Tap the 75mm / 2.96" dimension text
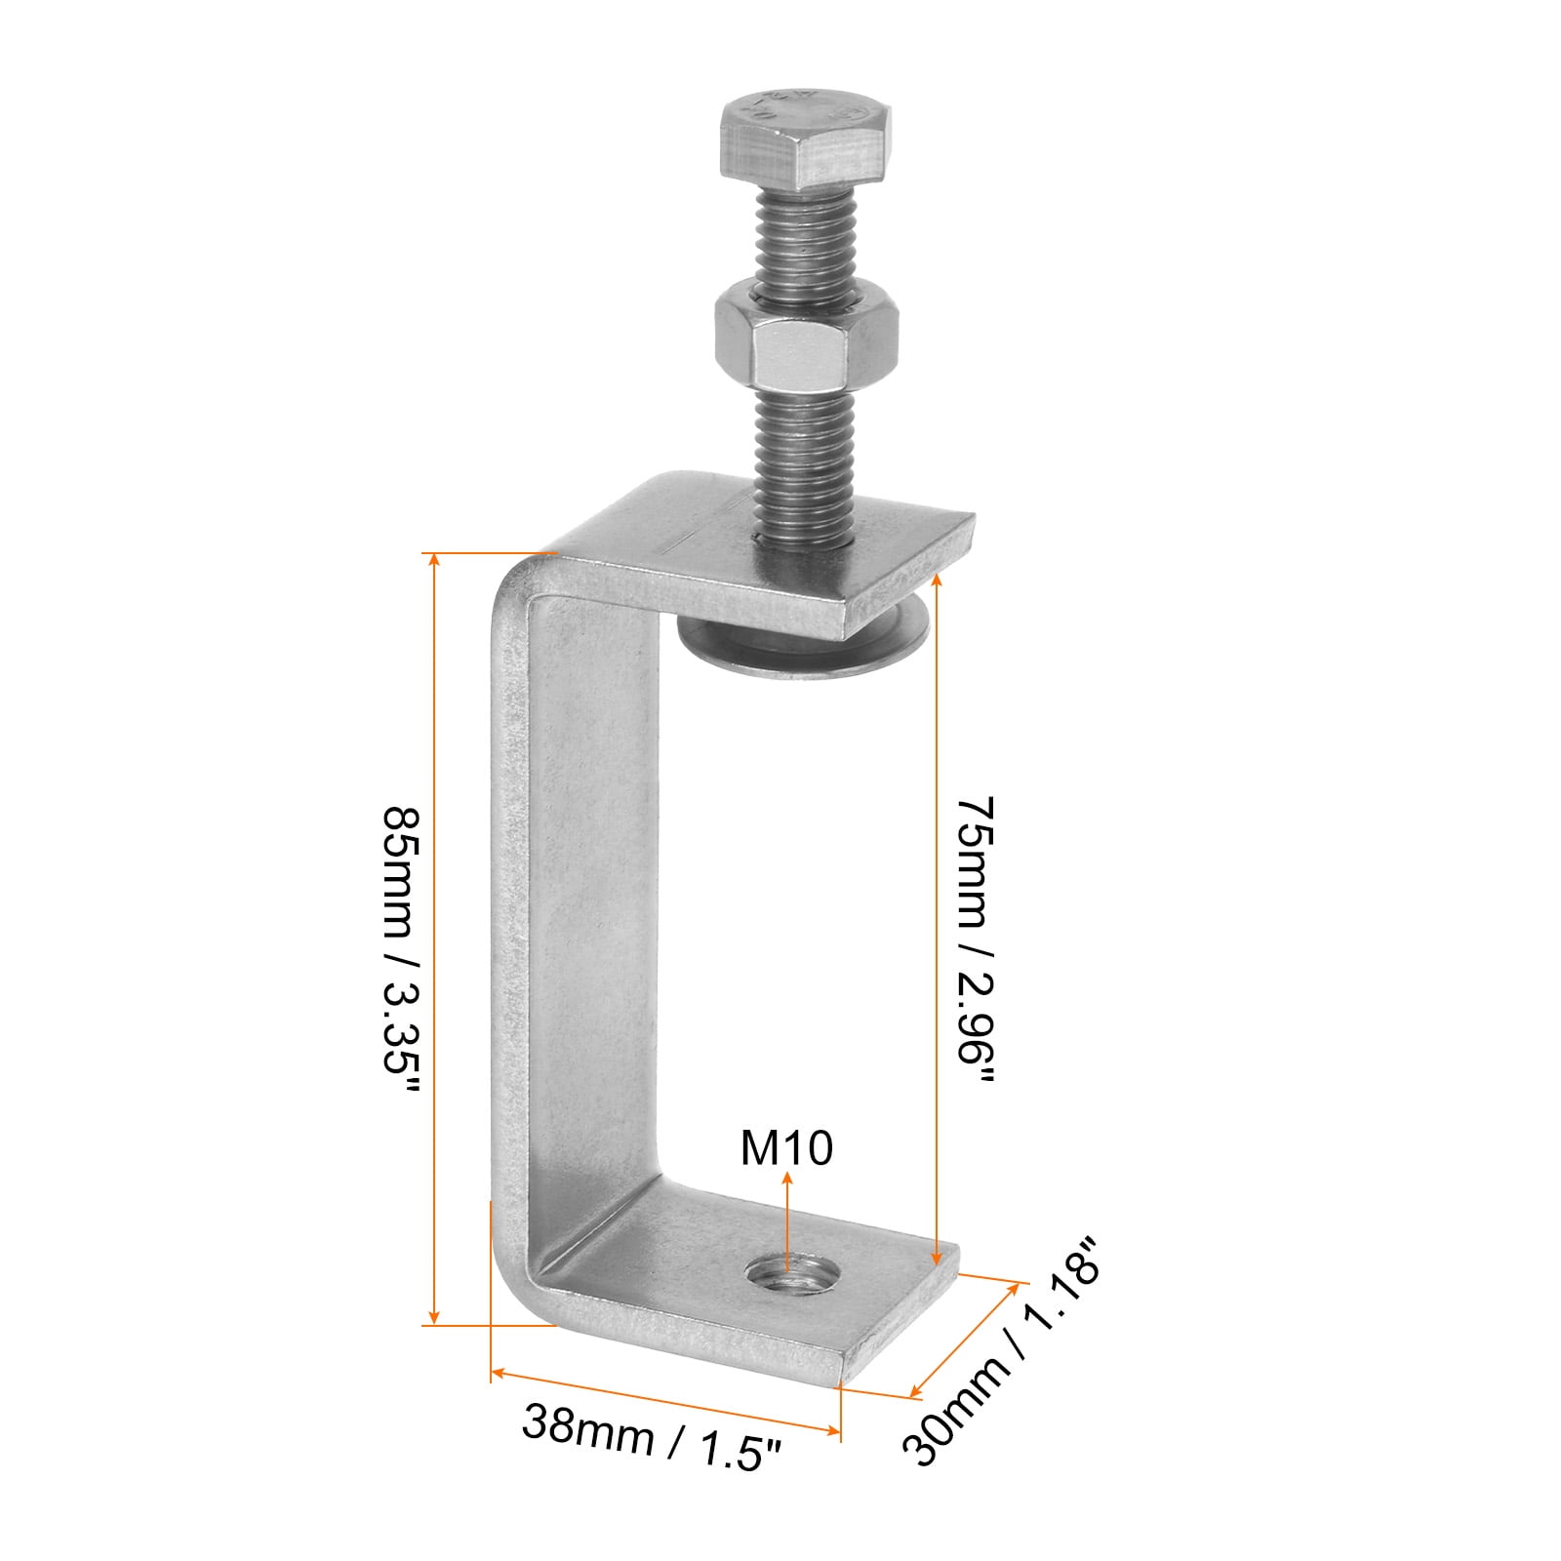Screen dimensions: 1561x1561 coord(976,941)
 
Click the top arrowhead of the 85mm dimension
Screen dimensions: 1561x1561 coord(435,560)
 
